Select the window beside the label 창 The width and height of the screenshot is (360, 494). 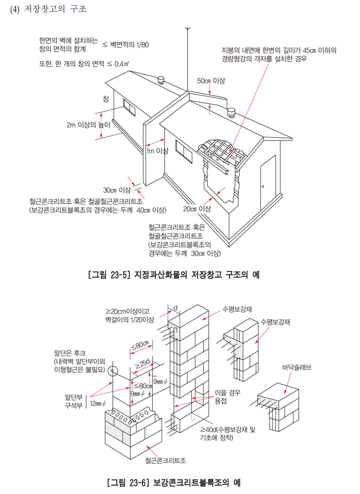[129, 107]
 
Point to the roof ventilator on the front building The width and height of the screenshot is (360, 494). [231, 114]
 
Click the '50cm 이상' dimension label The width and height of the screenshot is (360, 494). [211, 81]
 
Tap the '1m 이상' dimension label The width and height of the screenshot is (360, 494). [157, 151]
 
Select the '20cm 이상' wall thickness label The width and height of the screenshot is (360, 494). [197, 209]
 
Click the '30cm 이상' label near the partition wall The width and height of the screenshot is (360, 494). [117, 190]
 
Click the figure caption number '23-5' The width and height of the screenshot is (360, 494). [120, 274]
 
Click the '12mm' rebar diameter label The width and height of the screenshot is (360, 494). [100, 404]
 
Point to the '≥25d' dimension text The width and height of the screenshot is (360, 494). [143, 364]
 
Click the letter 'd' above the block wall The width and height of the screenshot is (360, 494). [175, 308]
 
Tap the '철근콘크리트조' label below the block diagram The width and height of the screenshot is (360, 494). [166, 460]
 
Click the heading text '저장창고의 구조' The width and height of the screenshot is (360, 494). [56, 9]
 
